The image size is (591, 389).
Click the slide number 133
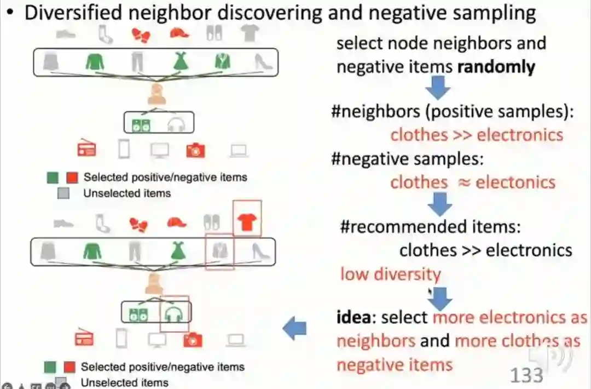click(x=526, y=375)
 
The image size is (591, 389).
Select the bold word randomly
click(x=496, y=67)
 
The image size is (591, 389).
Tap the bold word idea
click(x=356, y=317)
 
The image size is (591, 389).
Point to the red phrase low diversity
click(x=390, y=274)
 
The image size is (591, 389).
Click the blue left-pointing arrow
click(x=294, y=329)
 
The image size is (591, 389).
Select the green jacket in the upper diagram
click(x=222, y=61)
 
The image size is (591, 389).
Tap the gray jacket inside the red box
click(x=219, y=250)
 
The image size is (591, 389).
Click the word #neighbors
click(x=372, y=111)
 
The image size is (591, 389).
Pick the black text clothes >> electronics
click(x=485, y=250)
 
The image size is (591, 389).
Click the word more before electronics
click(x=454, y=317)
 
